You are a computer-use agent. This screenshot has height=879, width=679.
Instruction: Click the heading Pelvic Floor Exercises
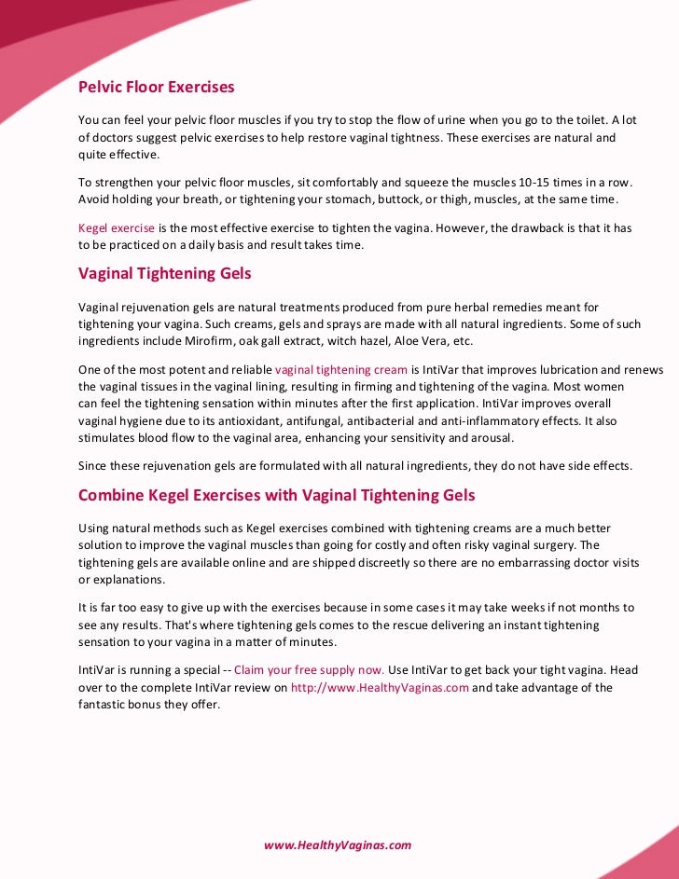[156, 88]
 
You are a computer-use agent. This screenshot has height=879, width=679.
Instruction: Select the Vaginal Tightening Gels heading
[164, 274]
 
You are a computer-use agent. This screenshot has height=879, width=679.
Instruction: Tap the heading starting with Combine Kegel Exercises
[276, 495]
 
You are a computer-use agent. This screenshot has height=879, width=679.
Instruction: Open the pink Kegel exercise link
[117, 227]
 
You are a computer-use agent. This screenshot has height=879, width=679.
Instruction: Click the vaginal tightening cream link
[341, 370]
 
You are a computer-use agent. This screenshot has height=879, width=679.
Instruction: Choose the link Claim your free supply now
[309, 670]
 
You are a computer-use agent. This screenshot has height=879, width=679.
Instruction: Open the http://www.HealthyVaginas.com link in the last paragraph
[380, 688]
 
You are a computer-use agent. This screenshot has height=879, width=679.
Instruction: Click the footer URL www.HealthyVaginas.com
[338, 845]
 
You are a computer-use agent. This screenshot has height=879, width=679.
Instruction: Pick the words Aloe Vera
[396, 341]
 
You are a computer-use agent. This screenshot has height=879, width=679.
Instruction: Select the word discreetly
[357, 562]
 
